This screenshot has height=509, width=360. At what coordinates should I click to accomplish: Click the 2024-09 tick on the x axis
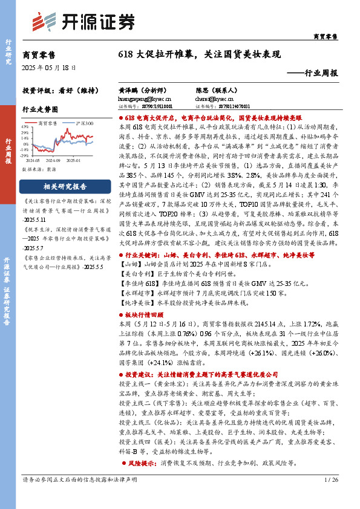tap(53, 161)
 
